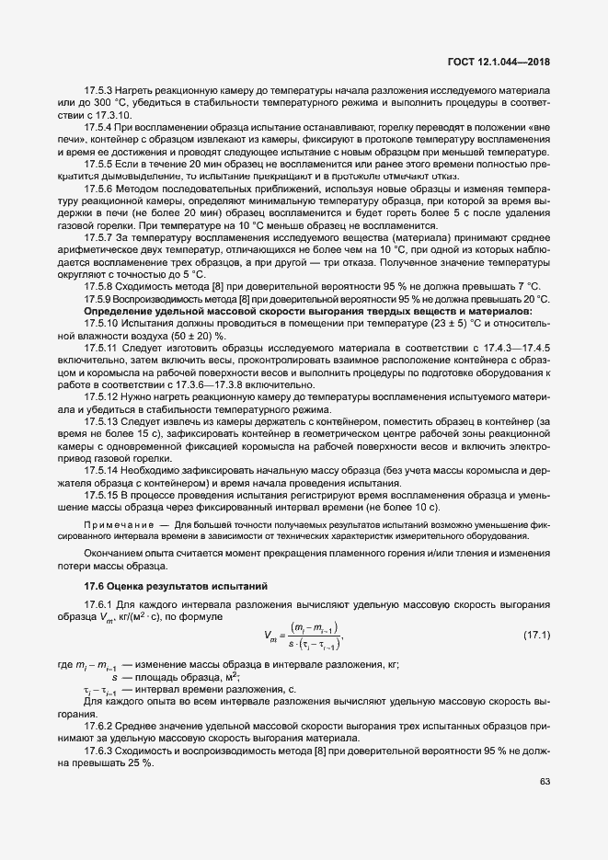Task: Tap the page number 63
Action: click(544, 783)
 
